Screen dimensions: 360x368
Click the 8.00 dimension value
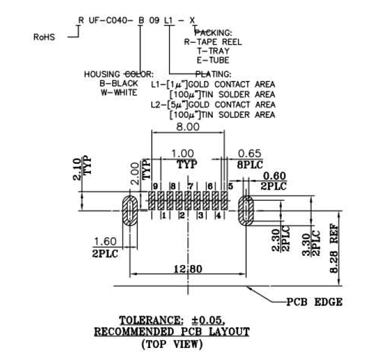(x=188, y=127)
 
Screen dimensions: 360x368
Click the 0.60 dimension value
(x=274, y=176)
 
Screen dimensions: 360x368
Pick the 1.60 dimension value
(x=105, y=241)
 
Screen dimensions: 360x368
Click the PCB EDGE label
(x=314, y=302)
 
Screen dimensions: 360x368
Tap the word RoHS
(x=44, y=37)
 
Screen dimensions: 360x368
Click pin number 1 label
(x=163, y=215)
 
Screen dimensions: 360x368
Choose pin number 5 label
(x=230, y=186)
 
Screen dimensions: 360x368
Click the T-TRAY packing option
(x=213, y=51)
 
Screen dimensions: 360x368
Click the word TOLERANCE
(x=143, y=320)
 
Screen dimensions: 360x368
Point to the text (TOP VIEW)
(x=172, y=343)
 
